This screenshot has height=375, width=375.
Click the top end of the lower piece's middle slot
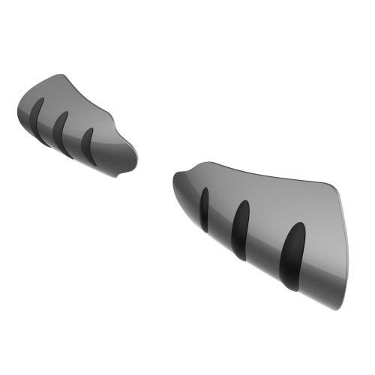click(244, 204)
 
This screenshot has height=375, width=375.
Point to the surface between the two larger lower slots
click(266, 240)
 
